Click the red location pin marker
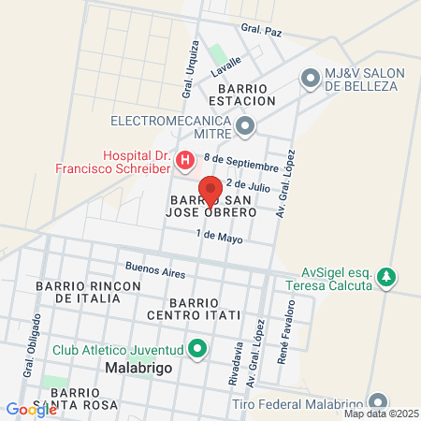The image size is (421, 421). [x=210, y=190]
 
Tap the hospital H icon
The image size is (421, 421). [x=185, y=161]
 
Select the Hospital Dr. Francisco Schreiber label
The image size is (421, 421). [x=137, y=162]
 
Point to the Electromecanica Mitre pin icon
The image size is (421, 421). [x=245, y=124]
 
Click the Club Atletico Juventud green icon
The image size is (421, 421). [x=196, y=351]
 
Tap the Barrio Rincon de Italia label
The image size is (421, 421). [x=78, y=291]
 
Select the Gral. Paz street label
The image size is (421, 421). [x=261, y=31]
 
